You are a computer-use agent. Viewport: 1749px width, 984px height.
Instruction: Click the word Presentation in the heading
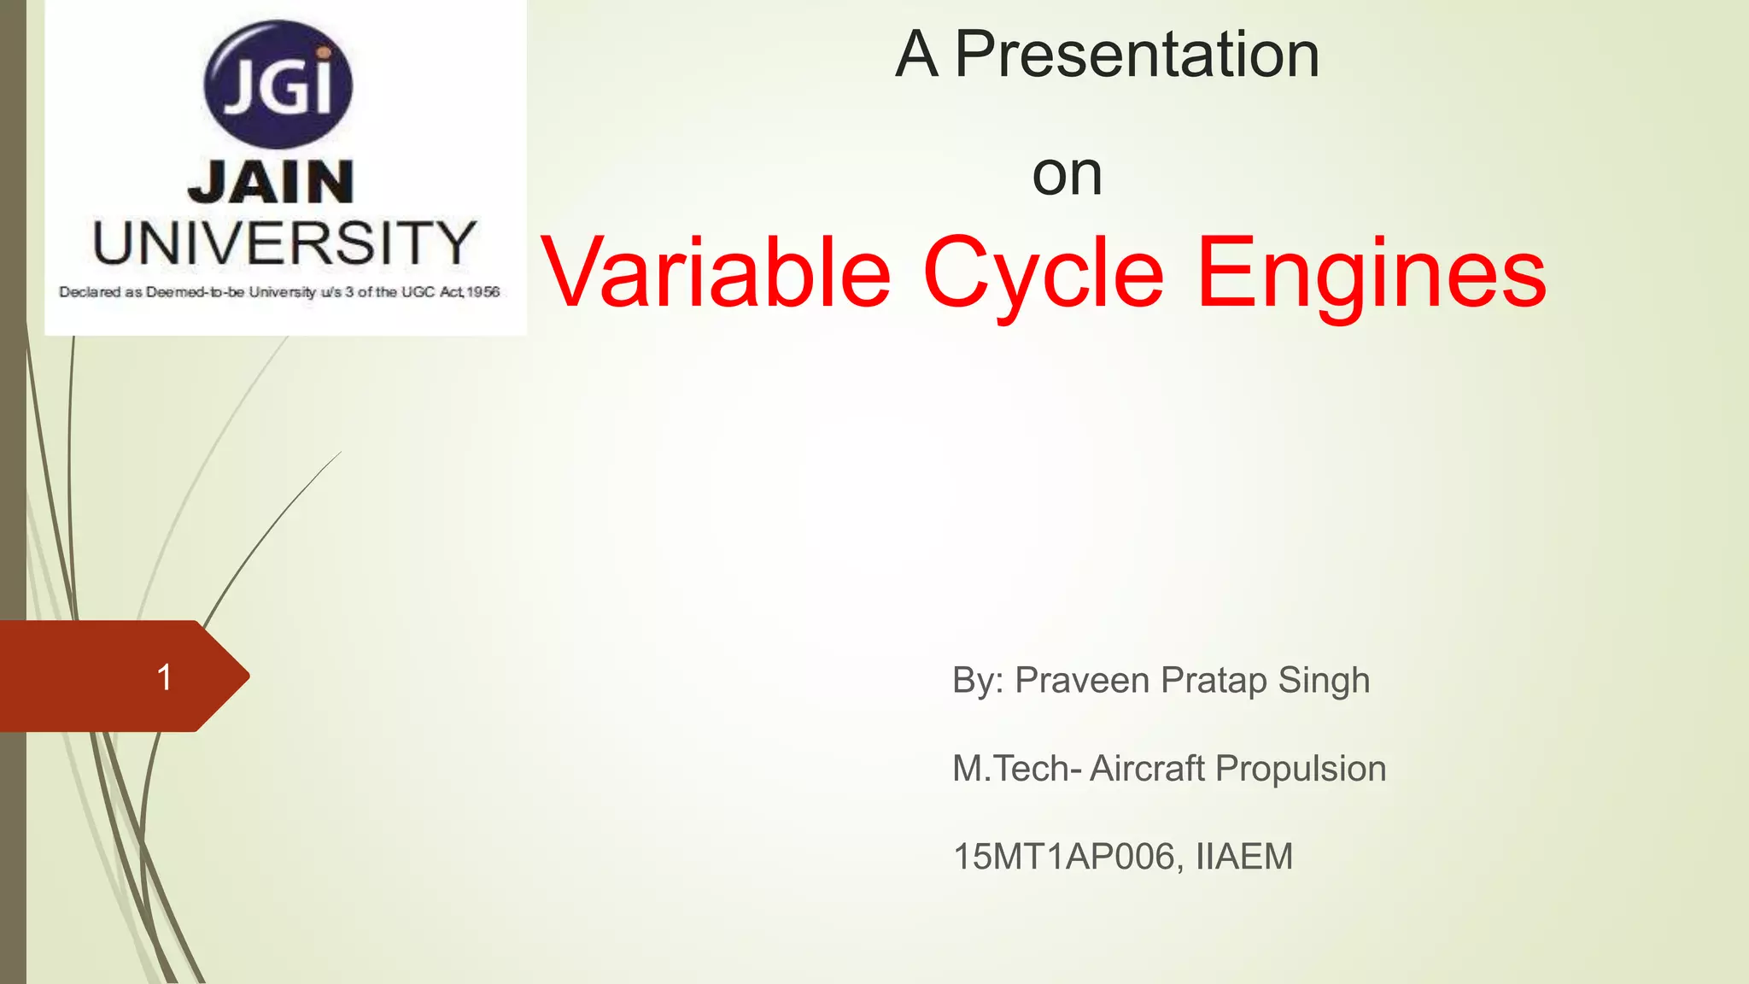click(x=1137, y=55)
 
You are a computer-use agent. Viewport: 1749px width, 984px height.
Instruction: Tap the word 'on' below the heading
click(x=1067, y=174)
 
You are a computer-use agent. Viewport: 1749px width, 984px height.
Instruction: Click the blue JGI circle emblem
click(x=278, y=85)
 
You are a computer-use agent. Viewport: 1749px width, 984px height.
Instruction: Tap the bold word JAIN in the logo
click(x=271, y=182)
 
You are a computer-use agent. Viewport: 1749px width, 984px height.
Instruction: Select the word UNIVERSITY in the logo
click(x=284, y=243)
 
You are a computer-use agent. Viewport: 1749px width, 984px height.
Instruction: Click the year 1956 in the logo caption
click(x=483, y=292)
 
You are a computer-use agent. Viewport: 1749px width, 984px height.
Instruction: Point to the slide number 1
click(x=165, y=677)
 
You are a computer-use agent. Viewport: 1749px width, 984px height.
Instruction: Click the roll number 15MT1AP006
click(x=1064, y=857)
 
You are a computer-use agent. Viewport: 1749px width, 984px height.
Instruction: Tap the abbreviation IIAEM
click(x=1244, y=857)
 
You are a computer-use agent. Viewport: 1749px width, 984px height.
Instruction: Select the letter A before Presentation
click(x=916, y=55)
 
